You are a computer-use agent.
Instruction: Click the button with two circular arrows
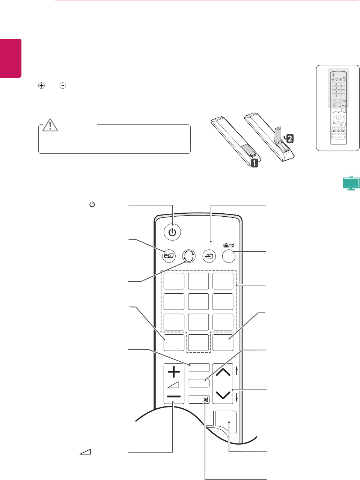(x=189, y=256)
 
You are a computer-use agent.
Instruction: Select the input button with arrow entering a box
(x=209, y=257)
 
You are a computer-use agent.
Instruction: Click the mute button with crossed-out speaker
(x=206, y=400)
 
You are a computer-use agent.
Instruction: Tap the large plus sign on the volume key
(x=174, y=372)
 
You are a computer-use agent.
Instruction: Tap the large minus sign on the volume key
(x=174, y=397)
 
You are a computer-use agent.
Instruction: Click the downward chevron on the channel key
(x=223, y=395)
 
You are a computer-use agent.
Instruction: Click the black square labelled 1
(x=254, y=163)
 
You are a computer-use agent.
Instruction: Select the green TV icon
(x=351, y=183)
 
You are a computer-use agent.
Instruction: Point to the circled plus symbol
(x=42, y=85)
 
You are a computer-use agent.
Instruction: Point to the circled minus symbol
(x=63, y=85)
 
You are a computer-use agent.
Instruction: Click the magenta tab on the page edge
(x=11, y=58)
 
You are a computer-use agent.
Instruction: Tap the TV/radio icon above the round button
(x=229, y=245)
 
